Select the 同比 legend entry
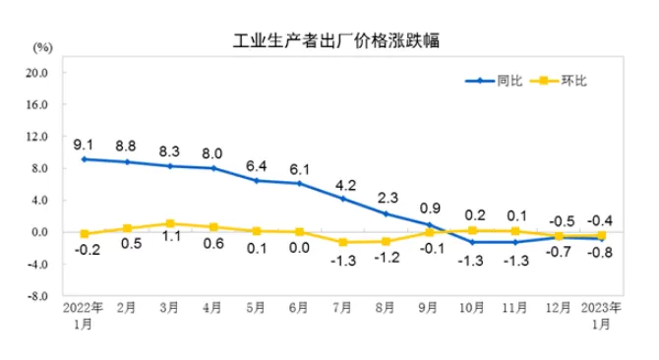509,81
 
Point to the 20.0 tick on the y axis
37,73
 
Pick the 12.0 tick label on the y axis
37,137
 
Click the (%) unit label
42,48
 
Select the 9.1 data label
84,144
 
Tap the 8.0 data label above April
211,152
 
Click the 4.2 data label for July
342,183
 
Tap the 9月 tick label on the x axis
429,307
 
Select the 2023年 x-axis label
602,307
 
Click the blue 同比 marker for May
256,181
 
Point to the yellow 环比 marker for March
169,223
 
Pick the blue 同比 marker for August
386,213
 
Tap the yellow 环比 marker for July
342,242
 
